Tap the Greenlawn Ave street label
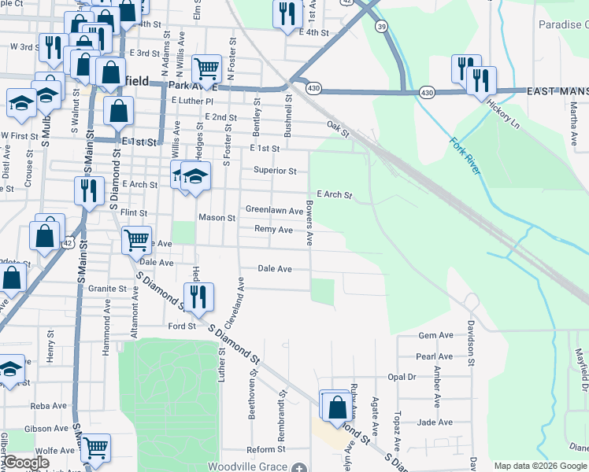click(x=274, y=211)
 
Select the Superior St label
click(x=274, y=171)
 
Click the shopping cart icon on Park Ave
click(x=206, y=68)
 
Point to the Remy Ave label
click(x=273, y=230)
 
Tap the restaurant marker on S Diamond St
click(x=198, y=297)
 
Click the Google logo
click(x=27, y=463)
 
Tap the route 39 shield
click(x=382, y=28)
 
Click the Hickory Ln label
click(x=504, y=114)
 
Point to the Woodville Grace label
click(x=244, y=466)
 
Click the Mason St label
click(x=217, y=217)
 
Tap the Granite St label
click(x=107, y=289)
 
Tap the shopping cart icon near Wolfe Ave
click(x=96, y=448)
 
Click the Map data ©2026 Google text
click(x=540, y=466)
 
